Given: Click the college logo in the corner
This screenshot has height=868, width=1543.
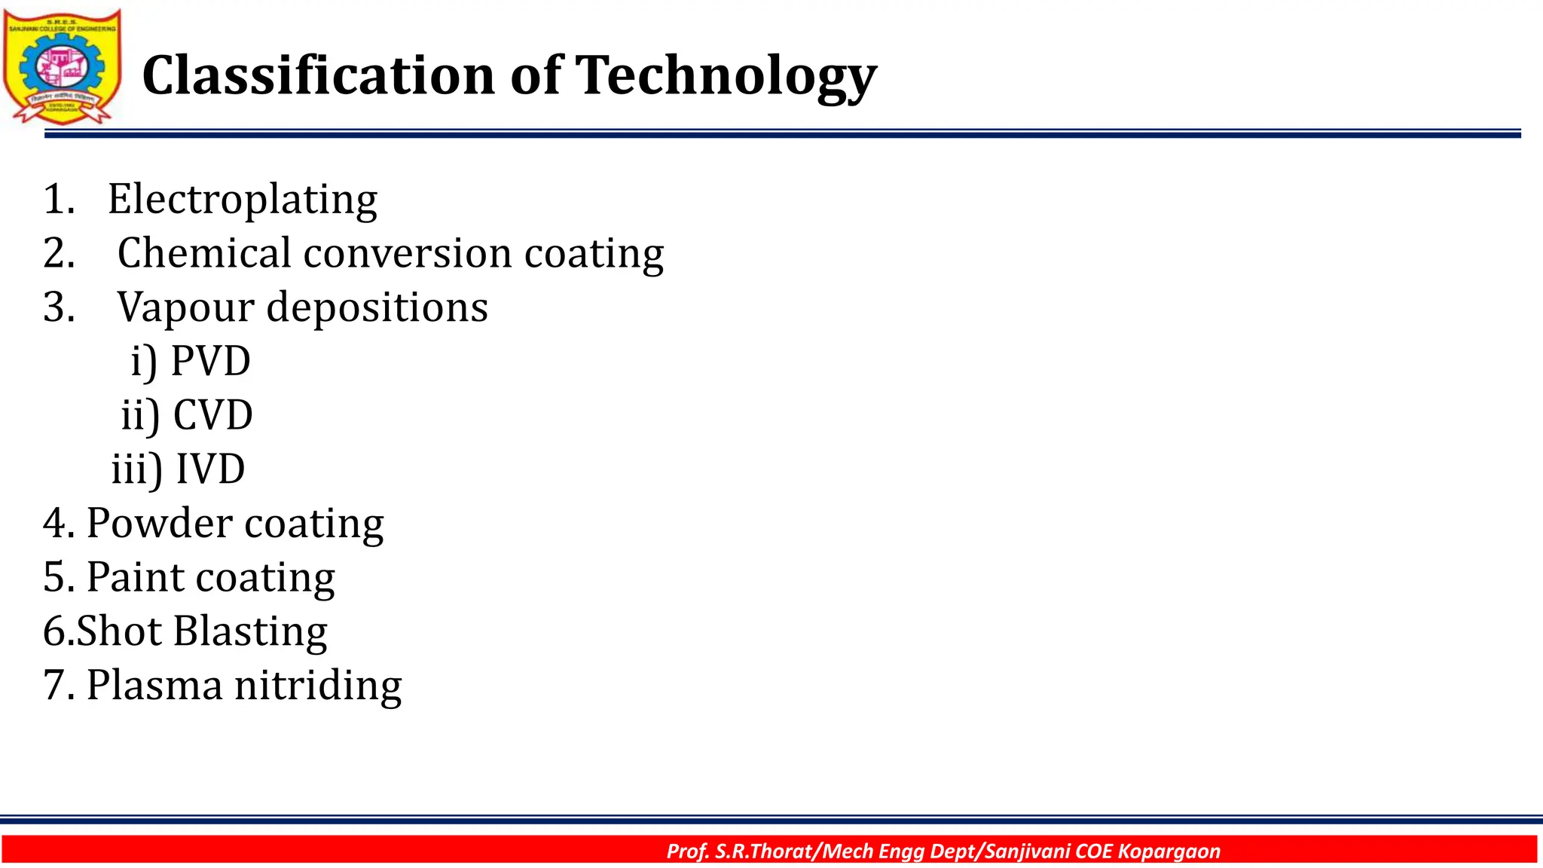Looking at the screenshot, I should click(x=62, y=66).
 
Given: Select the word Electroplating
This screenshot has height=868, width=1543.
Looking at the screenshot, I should click(x=242, y=200).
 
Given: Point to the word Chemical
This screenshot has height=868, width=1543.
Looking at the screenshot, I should click(x=203, y=253).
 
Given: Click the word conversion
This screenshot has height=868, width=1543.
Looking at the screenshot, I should click(x=408, y=253).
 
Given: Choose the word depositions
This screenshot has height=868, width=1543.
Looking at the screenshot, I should click(x=377, y=307).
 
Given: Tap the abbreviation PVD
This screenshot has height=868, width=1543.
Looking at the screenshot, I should click(x=210, y=361).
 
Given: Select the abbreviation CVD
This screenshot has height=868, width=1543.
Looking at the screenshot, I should click(x=212, y=415).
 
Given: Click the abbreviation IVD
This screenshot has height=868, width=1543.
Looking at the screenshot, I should click(x=210, y=469).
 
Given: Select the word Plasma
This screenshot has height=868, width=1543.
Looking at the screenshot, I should click(x=154, y=685).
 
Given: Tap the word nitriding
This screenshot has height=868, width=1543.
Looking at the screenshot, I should click(x=318, y=685).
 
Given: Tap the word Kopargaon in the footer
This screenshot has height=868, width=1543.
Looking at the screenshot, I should click(x=1169, y=851).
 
